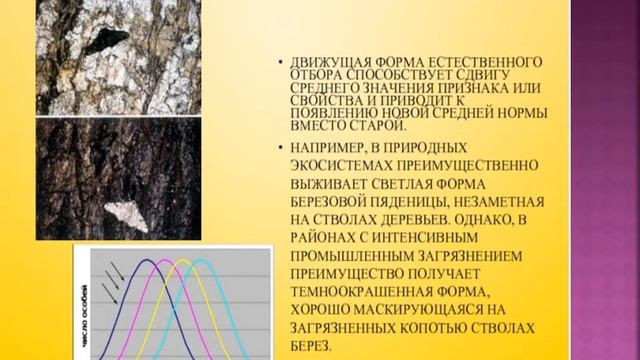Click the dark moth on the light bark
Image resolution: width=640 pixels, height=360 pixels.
point(106,42)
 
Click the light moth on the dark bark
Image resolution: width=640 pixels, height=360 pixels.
point(127,215)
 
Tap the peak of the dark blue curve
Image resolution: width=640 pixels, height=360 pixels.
point(148,262)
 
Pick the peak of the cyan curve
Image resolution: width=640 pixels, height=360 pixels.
point(203,262)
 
